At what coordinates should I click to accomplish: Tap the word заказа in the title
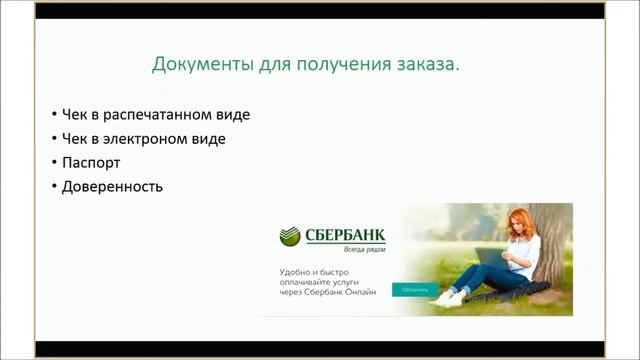click(432, 65)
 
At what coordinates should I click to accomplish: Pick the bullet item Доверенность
click(112, 186)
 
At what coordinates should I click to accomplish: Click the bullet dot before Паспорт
click(52, 162)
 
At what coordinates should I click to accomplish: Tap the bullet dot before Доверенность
click(52, 186)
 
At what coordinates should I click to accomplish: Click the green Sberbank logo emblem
click(290, 237)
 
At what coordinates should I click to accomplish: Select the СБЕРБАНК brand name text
click(345, 235)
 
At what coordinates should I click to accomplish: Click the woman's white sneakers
click(447, 297)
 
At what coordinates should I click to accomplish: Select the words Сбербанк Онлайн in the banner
click(342, 293)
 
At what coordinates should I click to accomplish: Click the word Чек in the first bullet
click(76, 114)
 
